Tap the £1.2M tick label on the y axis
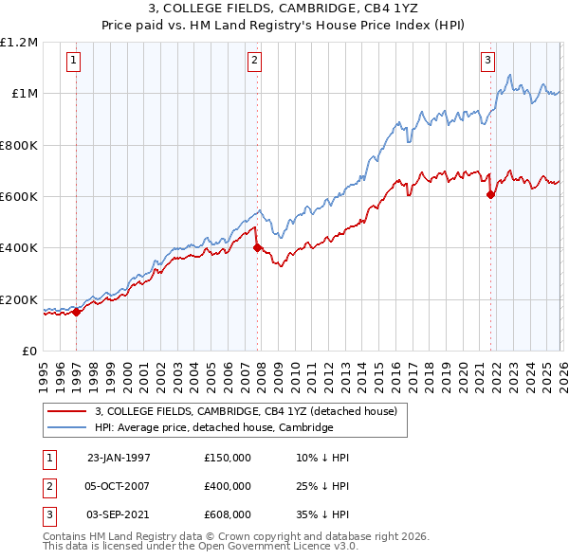(19, 42)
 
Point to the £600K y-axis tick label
(19, 196)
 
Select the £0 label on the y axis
(30, 351)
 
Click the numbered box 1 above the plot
(74, 61)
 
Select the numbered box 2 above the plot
(255, 61)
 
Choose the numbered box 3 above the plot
(488, 61)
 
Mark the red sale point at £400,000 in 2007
(257, 248)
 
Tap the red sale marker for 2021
(490, 195)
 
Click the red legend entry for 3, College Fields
(250, 411)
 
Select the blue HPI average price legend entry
(214, 427)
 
